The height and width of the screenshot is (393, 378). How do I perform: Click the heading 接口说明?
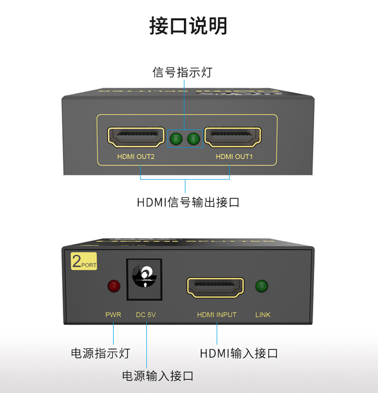189,26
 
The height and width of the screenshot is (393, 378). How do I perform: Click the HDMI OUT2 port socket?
133,137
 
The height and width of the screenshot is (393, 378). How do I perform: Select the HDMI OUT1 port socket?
232,137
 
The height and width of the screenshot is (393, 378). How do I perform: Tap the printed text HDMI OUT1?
234,156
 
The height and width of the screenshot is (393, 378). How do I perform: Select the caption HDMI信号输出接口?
188,202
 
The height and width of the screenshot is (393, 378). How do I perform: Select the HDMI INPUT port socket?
215,288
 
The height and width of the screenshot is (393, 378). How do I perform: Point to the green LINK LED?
262,287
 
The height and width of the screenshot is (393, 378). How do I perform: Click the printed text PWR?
113,315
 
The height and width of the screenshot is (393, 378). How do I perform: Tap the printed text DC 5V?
146,315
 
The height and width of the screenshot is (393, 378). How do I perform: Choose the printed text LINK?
263,315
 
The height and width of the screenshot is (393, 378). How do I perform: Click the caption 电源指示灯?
100,353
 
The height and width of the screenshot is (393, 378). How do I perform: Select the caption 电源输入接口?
158,376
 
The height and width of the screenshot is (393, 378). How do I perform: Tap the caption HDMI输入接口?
239,353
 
